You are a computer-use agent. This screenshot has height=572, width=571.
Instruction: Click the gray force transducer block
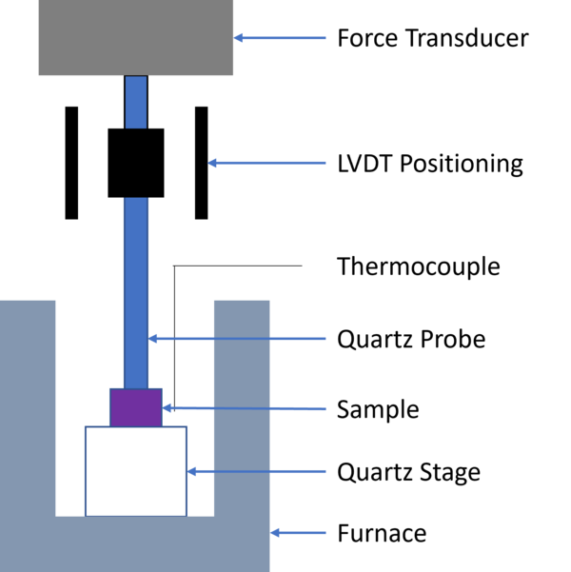136,37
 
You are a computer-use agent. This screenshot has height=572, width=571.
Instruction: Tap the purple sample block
136,407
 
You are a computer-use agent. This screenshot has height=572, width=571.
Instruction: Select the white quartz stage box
136,471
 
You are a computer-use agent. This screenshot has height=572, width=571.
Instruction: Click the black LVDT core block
136,163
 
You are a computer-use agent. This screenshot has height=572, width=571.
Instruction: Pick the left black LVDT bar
71,163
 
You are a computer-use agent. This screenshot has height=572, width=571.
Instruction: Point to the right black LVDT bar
202,163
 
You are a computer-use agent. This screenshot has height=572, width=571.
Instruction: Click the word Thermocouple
419,266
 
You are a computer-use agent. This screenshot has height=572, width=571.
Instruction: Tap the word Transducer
467,37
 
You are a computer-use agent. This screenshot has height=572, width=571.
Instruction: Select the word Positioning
462,164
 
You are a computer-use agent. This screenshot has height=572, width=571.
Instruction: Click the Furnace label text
382,533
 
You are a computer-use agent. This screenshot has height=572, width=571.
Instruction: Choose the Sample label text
378,409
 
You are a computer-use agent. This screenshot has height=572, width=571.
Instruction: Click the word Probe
453,339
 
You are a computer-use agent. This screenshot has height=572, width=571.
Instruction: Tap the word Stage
450,472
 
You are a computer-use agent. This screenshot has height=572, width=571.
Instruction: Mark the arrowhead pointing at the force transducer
238,37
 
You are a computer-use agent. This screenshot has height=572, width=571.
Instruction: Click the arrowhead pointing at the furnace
275,533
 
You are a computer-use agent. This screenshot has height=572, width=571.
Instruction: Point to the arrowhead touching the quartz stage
191,471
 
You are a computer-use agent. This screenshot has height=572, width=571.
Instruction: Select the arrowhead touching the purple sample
167,408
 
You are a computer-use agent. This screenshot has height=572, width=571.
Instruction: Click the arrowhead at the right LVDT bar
212,163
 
